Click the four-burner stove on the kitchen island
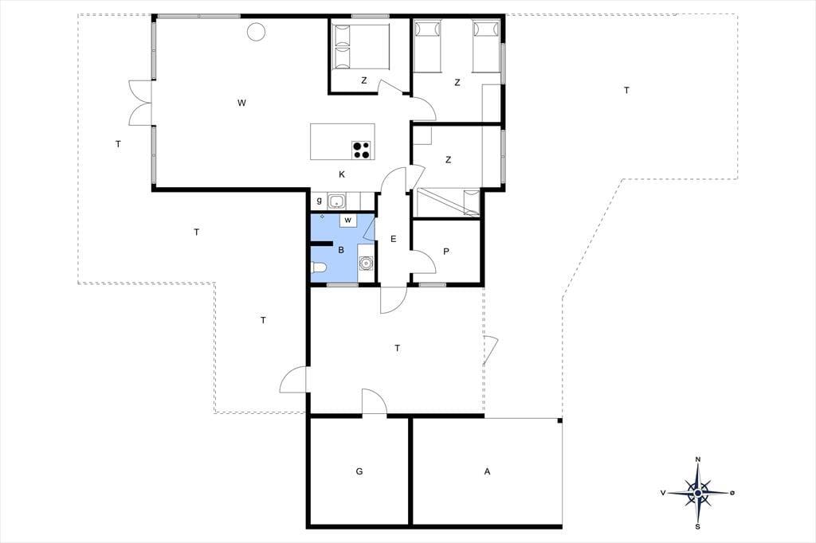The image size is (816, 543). click(361, 150)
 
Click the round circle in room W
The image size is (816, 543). click(256, 32)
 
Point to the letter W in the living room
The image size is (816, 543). click(241, 103)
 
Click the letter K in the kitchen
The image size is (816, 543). click(342, 174)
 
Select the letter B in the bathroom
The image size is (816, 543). click(341, 250)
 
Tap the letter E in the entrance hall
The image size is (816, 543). click(394, 239)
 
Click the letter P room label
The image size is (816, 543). click(446, 252)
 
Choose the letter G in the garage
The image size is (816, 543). click(359, 472)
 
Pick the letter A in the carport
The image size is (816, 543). click(487, 472)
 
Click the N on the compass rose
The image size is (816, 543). click(698, 459)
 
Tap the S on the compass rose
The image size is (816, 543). click(698, 526)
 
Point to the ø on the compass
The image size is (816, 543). click(732, 493)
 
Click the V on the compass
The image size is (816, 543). click(663, 493)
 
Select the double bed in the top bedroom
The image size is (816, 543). click(360, 46)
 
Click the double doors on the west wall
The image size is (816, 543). click(140, 103)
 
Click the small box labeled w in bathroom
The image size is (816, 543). click(348, 221)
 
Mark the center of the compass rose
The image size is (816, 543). click(698, 493)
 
